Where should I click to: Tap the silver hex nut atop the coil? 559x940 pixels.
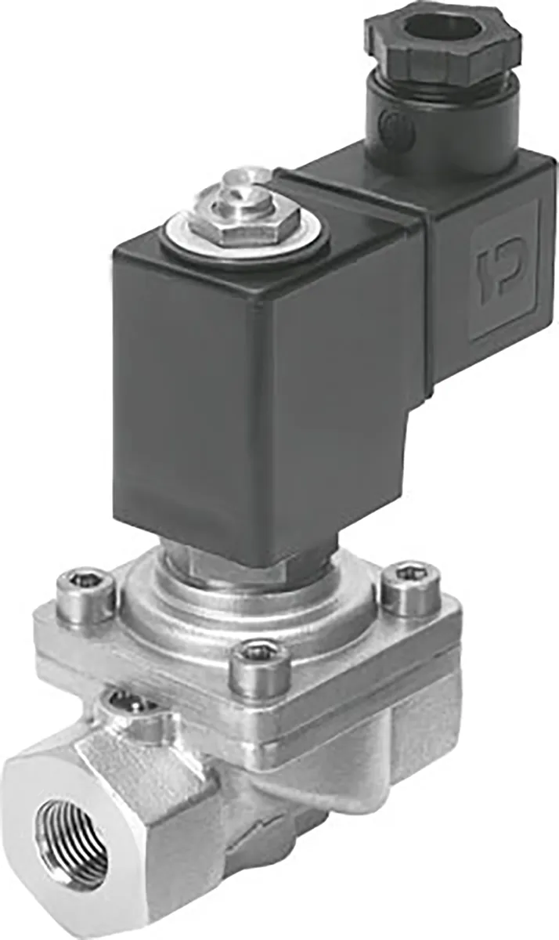point(244,222)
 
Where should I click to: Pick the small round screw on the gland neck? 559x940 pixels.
point(389,123)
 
